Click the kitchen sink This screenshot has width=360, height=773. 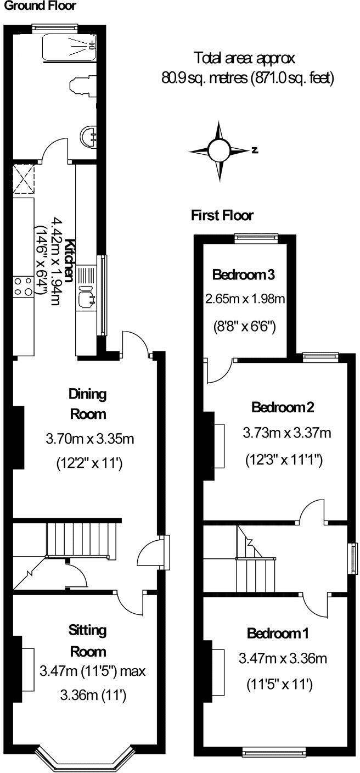(87, 296)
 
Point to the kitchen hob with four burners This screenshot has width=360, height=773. (22, 285)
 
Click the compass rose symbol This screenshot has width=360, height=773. (218, 149)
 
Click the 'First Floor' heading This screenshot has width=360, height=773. (222, 216)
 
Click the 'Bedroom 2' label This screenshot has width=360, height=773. (283, 408)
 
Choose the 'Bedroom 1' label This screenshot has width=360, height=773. (278, 634)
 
